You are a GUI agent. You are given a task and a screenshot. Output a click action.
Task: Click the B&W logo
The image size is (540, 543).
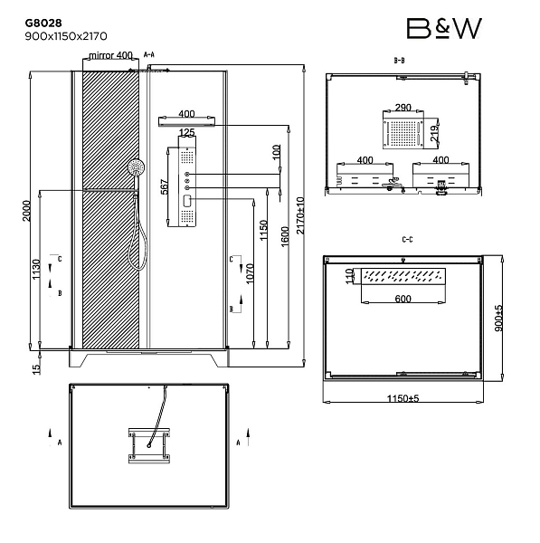coord(444,28)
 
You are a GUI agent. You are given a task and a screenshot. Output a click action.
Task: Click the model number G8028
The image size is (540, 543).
coord(43,23)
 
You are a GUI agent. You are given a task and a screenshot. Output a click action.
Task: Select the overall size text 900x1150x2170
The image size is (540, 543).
coord(66,36)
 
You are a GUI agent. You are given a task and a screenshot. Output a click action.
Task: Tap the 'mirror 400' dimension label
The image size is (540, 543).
coord(110,55)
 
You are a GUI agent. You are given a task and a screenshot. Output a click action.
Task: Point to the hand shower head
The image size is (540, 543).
coord(137,167)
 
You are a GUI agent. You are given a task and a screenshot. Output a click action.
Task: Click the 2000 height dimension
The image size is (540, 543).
coord(26,211)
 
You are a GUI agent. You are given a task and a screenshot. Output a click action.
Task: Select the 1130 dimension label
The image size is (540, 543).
coord(36,270)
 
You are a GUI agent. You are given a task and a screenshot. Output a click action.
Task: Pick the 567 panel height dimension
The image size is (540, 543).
coord(165,186)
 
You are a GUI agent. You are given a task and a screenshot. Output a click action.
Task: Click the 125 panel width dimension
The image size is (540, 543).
coord(187,132)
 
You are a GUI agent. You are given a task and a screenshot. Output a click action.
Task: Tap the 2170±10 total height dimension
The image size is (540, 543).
coord(300,215)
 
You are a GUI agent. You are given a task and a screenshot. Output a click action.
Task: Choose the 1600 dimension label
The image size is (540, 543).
coord(285,236)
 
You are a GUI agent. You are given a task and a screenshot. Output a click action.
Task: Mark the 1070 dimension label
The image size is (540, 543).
coord(250,273)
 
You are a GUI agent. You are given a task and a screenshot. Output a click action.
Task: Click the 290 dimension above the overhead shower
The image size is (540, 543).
coord(403,108)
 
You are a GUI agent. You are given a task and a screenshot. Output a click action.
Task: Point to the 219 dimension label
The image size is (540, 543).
coord(434,133)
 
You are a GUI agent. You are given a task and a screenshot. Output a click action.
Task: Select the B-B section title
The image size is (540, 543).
coord(399,61)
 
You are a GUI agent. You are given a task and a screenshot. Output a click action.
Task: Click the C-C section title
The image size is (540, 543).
coord(407,240)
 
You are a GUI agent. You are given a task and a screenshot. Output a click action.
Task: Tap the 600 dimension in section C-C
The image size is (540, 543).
coord(403,299)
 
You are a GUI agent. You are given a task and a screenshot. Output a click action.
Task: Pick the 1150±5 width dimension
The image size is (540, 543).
coord(403,398)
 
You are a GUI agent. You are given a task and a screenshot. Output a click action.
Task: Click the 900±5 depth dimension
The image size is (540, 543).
coord(498,319)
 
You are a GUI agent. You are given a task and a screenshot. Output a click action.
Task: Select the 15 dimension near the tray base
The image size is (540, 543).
coord(36,369)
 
